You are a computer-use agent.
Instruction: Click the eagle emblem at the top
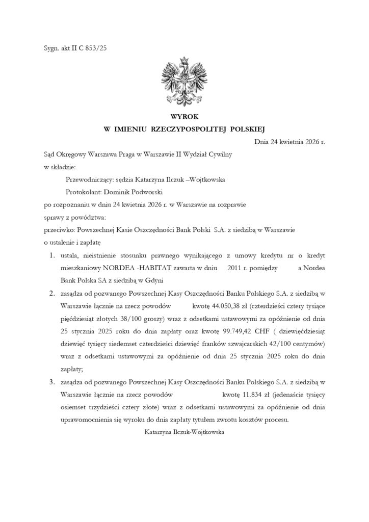[184, 81]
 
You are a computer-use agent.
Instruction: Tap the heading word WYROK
[184, 117]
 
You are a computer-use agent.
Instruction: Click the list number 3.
[52, 381]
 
